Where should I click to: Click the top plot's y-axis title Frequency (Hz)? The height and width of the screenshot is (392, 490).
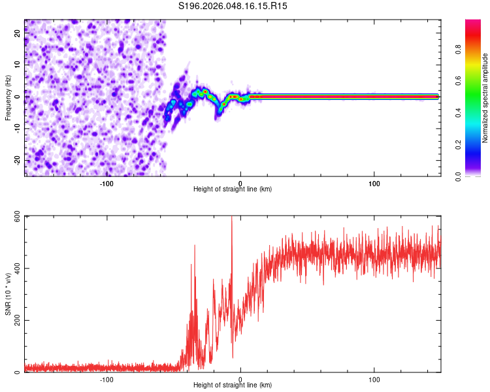pos(8,97)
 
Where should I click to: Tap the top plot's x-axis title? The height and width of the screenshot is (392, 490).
pos(233,189)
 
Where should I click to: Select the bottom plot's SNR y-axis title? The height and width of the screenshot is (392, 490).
pos(8,294)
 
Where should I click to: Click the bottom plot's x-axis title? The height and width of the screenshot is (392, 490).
pos(233,385)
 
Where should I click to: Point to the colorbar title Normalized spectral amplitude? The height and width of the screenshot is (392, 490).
pos(485,98)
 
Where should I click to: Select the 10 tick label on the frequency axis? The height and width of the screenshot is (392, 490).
pos(18,65)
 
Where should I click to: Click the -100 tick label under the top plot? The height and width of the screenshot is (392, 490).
pos(107,184)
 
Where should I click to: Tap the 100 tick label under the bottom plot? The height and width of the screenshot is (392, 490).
pos(375,380)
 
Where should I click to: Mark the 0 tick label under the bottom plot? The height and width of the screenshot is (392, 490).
pos(240,380)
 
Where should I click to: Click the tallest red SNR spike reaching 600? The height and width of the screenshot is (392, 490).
pos(232,218)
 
